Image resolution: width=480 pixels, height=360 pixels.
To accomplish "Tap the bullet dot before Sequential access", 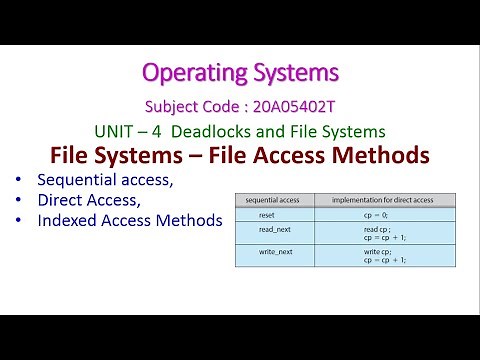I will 20,181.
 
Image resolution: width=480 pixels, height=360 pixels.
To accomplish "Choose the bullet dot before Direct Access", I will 20,200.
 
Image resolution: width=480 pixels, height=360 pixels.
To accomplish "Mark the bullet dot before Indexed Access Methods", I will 20,220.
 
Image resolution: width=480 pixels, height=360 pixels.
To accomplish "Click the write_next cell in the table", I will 266,254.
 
